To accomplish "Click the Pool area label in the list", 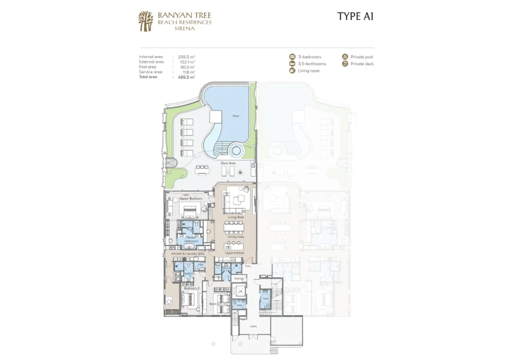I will point(148,67).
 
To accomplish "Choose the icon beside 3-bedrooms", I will point(292,57).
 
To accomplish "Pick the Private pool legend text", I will point(362,57).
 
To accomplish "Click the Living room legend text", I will point(309,71).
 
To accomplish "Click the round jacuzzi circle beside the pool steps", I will point(235,151).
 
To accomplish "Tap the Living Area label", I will point(236,218).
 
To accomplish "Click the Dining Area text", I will point(236,237).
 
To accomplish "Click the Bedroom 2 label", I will point(192,288).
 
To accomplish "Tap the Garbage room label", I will point(239,279).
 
